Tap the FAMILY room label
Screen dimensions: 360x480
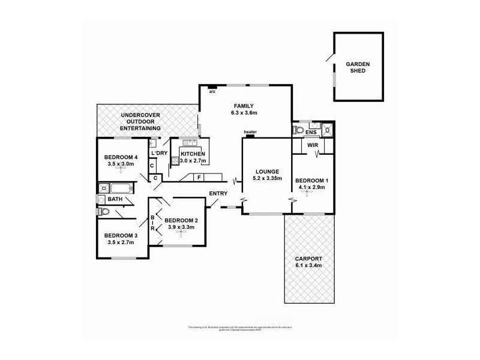pos(244,106)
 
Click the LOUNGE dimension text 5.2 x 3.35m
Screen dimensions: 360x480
pos(266,178)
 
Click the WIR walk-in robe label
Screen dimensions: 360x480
pos(312,145)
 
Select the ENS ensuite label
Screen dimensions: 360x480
pos(311,132)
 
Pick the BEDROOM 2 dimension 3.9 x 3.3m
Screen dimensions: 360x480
pos(181,227)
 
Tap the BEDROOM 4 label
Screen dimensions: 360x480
pos(121,157)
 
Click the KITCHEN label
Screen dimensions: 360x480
pos(193,154)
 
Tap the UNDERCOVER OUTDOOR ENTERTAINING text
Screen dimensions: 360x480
pos(140,121)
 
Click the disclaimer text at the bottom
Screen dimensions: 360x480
pos(239,327)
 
